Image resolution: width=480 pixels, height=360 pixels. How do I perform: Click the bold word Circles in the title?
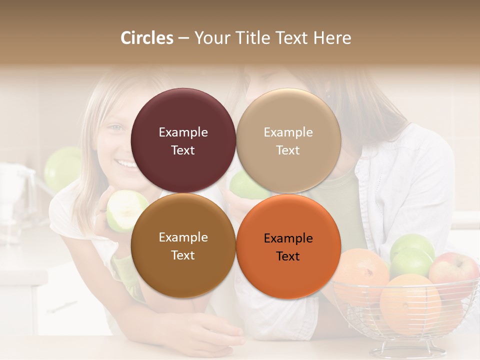point(146,38)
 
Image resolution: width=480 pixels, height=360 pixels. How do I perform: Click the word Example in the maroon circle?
point(183,132)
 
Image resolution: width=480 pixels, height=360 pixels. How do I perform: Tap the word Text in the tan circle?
point(288,150)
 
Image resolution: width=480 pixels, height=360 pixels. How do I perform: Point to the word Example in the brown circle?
point(183,237)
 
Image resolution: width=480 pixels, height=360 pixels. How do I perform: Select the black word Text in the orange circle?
point(288,256)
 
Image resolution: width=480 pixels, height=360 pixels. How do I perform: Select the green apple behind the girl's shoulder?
point(62,167)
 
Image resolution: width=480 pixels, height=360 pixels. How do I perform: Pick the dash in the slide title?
point(183,38)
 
